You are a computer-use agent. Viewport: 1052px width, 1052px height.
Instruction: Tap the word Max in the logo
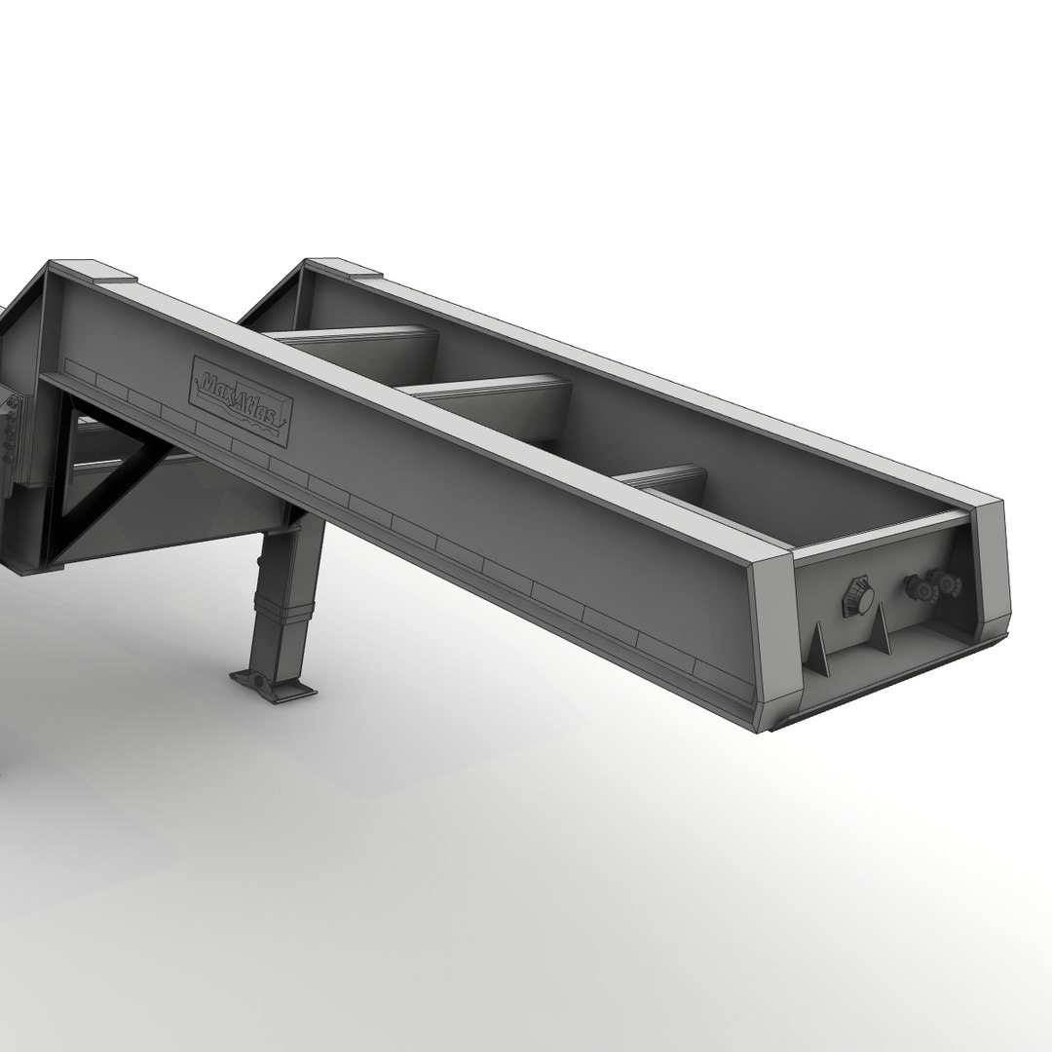218,388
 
